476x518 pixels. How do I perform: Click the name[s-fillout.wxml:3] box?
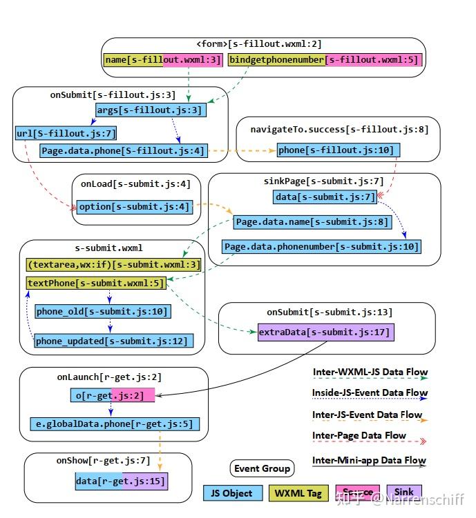[x=164, y=60]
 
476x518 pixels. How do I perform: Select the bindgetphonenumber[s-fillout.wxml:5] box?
[x=323, y=60]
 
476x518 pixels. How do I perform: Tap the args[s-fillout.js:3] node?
[x=150, y=110]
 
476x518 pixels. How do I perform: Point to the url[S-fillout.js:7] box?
[x=66, y=132]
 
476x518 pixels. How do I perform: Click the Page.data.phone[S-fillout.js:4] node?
[x=123, y=150]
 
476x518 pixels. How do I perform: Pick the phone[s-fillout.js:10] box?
[x=339, y=150]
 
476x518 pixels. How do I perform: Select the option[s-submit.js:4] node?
[x=134, y=206]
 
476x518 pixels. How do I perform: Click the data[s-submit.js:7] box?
[x=325, y=197]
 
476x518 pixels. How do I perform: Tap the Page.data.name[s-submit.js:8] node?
[x=311, y=222]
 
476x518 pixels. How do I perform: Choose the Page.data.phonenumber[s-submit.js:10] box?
[x=321, y=246]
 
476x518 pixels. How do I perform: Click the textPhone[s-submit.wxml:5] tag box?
[x=96, y=283]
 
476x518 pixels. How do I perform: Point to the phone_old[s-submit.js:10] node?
[x=102, y=312]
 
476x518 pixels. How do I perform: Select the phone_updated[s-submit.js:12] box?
[x=111, y=341]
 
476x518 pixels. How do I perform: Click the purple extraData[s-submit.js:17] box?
[x=324, y=332]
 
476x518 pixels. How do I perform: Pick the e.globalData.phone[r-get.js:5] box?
[x=115, y=424]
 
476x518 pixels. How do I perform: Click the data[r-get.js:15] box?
[x=121, y=481]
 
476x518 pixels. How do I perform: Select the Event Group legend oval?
[x=262, y=468]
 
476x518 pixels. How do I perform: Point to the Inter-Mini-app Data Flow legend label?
[x=370, y=460]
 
